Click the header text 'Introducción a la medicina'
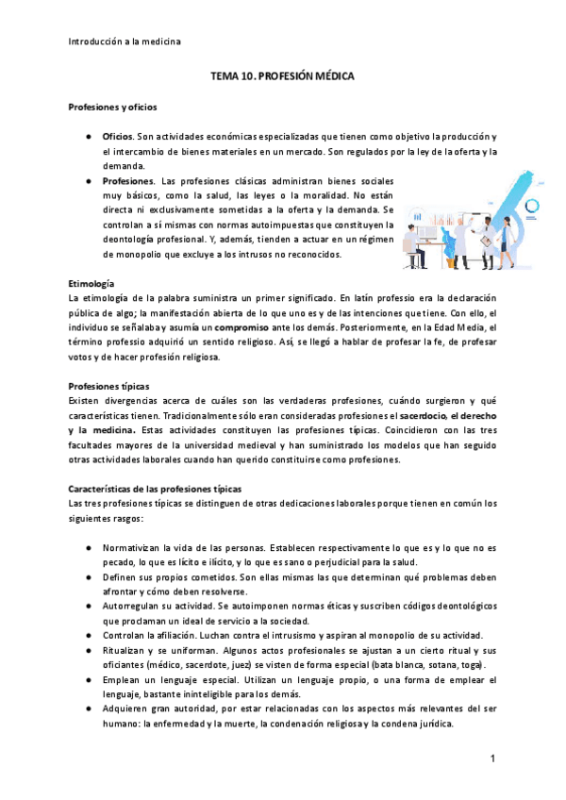(125, 41)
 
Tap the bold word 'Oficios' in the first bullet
(117, 137)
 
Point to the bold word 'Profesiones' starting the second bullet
(128, 179)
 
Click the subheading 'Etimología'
(92, 283)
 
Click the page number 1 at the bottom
(491, 758)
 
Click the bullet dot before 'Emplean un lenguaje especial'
(87, 681)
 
